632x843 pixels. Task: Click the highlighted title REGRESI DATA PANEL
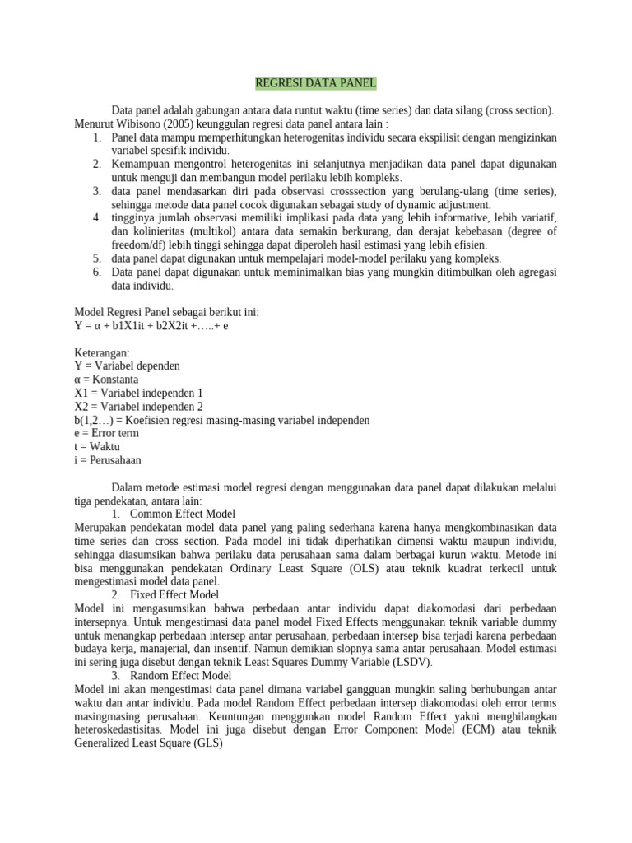[316, 83]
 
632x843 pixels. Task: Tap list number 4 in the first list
[96, 217]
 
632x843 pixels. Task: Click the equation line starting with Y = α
[151, 325]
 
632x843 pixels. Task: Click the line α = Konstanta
[106, 380]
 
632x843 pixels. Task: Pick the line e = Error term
[106, 433]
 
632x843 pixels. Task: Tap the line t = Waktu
[96, 446]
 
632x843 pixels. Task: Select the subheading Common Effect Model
[183, 514]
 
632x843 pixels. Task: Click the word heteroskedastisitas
[121, 729]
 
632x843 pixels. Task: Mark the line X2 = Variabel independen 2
[138, 406]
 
